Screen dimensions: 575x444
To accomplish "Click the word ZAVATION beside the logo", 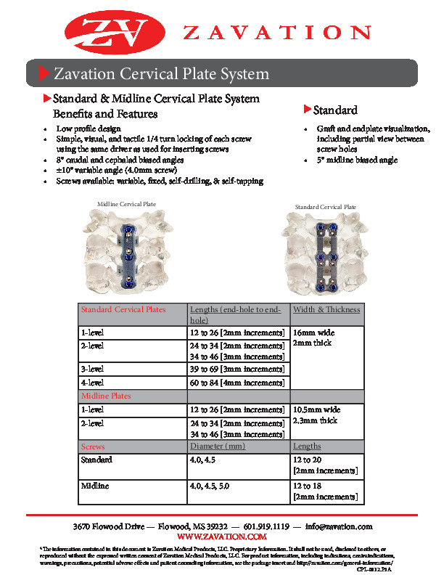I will (x=276, y=32).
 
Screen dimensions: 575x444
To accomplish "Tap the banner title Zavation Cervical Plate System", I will (x=162, y=74).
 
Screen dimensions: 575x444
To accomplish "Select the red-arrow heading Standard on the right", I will (x=334, y=110).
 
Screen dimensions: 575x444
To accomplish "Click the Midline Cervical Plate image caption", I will (x=126, y=204).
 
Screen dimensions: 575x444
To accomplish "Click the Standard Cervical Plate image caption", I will (x=326, y=207).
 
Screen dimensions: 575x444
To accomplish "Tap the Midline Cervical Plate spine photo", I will (x=126, y=250).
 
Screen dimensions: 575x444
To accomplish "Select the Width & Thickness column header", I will (x=326, y=309).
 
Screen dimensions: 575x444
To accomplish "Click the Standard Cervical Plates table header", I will (x=123, y=309).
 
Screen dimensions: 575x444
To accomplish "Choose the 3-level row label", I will (x=92, y=370).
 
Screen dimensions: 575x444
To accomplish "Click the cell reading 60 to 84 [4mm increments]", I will (x=237, y=383).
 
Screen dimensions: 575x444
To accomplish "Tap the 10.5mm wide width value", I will (x=316, y=409).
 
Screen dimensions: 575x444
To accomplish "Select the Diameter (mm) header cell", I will (x=218, y=446).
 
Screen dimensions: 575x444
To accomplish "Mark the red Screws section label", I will (x=93, y=446).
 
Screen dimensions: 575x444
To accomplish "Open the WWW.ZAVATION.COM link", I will (x=222, y=536).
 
